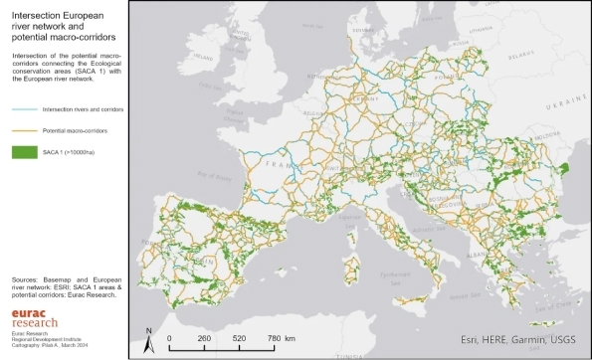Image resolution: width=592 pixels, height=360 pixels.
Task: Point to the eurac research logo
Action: [x=35, y=316]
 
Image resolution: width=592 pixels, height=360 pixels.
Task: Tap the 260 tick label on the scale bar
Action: [x=203, y=338]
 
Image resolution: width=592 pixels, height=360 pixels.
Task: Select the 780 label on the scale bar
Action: [x=275, y=338]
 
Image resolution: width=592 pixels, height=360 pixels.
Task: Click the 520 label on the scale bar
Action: [x=239, y=338]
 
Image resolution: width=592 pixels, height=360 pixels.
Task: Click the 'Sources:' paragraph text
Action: [x=65, y=286]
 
